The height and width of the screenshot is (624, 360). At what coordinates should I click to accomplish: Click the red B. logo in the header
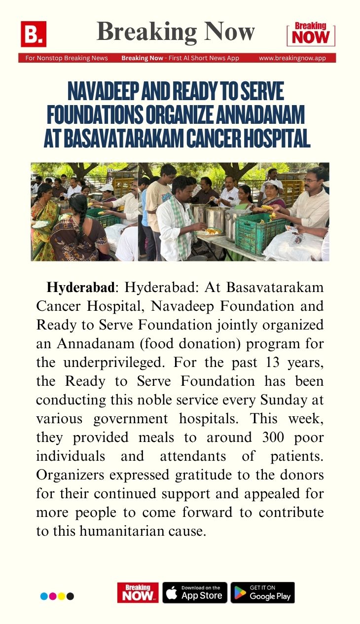tap(33, 34)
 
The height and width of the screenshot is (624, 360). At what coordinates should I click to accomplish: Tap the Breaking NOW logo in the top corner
tap(311, 34)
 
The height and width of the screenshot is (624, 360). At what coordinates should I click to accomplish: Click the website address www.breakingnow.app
tap(292, 58)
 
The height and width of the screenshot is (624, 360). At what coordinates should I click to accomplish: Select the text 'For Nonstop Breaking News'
tap(67, 58)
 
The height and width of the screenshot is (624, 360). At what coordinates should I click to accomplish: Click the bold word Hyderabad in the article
tap(80, 288)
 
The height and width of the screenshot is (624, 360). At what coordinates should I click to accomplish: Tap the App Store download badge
tap(194, 592)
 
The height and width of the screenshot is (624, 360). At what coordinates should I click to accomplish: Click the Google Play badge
tap(262, 592)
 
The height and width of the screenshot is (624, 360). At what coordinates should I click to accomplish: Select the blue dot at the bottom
tap(44, 596)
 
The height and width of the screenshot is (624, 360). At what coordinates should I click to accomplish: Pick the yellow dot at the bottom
tap(62, 596)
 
